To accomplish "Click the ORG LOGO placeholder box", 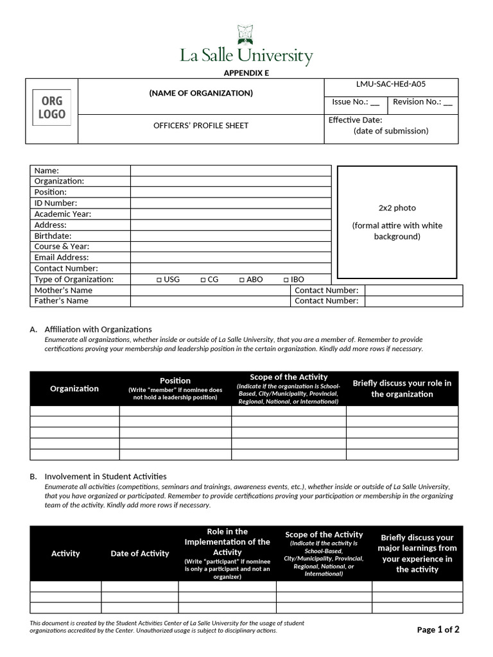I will pyautogui.click(x=52, y=108).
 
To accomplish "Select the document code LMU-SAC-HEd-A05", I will pyautogui.click(x=391, y=84).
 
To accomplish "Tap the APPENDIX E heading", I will pyautogui.click(x=246, y=73).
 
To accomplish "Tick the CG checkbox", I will pyautogui.click(x=203, y=280).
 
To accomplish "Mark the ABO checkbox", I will pyautogui.click(x=242, y=280).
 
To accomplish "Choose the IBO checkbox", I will pyautogui.click(x=286, y=280).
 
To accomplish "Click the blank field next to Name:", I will pyautogui.click(x=230, y=171).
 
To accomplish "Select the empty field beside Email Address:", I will pyautogui.click(x=230, y=257).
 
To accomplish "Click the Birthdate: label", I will pyautogui.click(x=53, y=236).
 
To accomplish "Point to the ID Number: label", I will pyautogui.click(x=55, y=203).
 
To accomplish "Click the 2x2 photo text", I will pyautogui.click(x=397, y=208).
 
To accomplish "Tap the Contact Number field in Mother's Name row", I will pyautogui.click(x=413, y=291).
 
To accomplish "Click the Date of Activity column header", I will pyautogui.click(x=140, y=554).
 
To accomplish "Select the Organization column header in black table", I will pyautogui.click(x=74, y=388).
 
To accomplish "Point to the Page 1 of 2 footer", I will pyautogui.click(x=438, y=629).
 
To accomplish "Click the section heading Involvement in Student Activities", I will pyautogui.click(x=105, y=476).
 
